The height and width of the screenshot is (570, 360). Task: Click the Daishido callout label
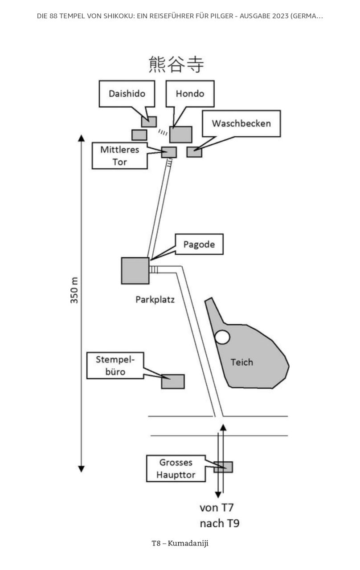127,94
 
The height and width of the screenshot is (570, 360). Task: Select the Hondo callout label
190,94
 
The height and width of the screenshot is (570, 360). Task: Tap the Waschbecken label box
241,123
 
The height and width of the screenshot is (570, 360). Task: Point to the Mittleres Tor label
120,156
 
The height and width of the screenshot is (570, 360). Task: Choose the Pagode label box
199,244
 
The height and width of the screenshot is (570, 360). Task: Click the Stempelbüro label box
115,366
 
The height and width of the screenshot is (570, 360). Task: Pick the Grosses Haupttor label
176,468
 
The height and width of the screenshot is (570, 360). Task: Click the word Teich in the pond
242,362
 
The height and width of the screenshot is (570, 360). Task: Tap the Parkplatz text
155,300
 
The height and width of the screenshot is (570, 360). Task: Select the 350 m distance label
74,290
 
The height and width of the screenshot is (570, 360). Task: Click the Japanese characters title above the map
176,65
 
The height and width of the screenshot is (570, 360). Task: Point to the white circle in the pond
222,337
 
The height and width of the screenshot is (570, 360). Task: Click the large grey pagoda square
135,271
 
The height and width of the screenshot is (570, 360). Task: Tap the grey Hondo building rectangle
181,134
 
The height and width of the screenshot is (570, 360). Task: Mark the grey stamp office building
173,382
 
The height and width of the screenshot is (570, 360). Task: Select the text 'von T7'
217,508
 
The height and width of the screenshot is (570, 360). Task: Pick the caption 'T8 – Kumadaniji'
180,543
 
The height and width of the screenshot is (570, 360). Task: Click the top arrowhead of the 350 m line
81,138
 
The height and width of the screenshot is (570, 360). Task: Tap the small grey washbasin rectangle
194,152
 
